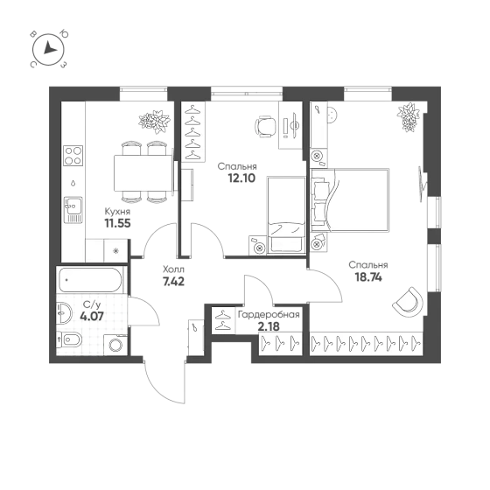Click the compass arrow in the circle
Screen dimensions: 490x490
click(49, 48)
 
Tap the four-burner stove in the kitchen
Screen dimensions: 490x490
click(73, 156)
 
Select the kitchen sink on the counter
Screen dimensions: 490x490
click(73, 210)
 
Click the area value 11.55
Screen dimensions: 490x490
click(117, 223)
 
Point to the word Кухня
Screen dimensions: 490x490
click(117, 212)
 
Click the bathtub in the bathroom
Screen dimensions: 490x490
click(90, 280)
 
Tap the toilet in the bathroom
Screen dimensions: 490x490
click(69, 339)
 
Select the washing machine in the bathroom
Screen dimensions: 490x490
click(115, 345)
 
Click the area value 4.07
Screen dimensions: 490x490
click(92, 317)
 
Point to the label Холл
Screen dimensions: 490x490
click(174, 269)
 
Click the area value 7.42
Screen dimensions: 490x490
click(174, 282)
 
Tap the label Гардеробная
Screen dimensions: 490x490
click(269, 315)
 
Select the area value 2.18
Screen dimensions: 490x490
click(269, 326)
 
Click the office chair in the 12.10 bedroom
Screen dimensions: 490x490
click(266, 126)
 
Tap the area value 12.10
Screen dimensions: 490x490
click(241, 178)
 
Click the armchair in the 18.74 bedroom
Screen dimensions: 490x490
click(408, 302)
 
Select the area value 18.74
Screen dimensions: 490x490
click(368, 277)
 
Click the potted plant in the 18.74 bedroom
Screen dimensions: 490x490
click(408, 117)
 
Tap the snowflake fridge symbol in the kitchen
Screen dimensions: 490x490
click(115, 251)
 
